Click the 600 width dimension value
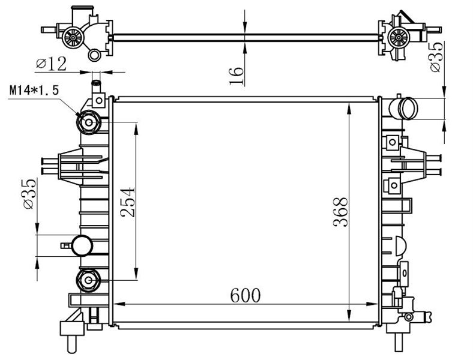[x=246, y=295]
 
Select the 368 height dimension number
[x=340, y=212]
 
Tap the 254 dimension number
[x=127, y=202]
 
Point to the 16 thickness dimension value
[x=236, y=76]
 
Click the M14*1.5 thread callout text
[x=34, y=90]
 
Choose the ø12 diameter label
[x=51, y=64]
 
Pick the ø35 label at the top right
[x=437, y=56]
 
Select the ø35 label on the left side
[x=29, y=194]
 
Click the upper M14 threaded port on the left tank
[x=88, y=122]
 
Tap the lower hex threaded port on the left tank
[x=88, y=280]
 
